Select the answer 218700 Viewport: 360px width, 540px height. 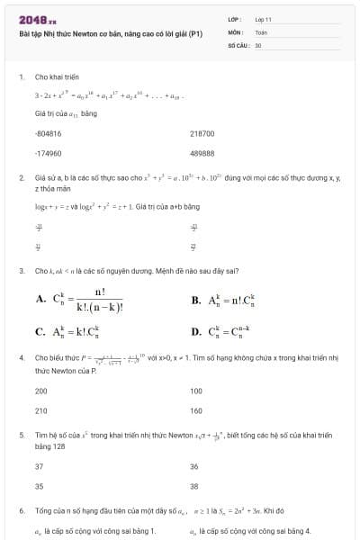202,132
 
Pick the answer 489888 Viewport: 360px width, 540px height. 202,153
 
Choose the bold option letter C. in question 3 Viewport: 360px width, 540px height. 40,331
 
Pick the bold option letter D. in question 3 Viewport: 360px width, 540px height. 196,331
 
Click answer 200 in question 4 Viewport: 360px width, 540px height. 40,391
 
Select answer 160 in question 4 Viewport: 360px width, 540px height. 196,410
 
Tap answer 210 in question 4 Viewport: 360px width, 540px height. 40,410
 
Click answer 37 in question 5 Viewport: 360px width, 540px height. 39,466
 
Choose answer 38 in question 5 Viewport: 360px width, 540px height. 194,486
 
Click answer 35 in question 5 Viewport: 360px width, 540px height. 39,486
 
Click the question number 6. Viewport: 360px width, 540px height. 21,510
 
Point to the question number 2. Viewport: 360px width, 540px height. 21,178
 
